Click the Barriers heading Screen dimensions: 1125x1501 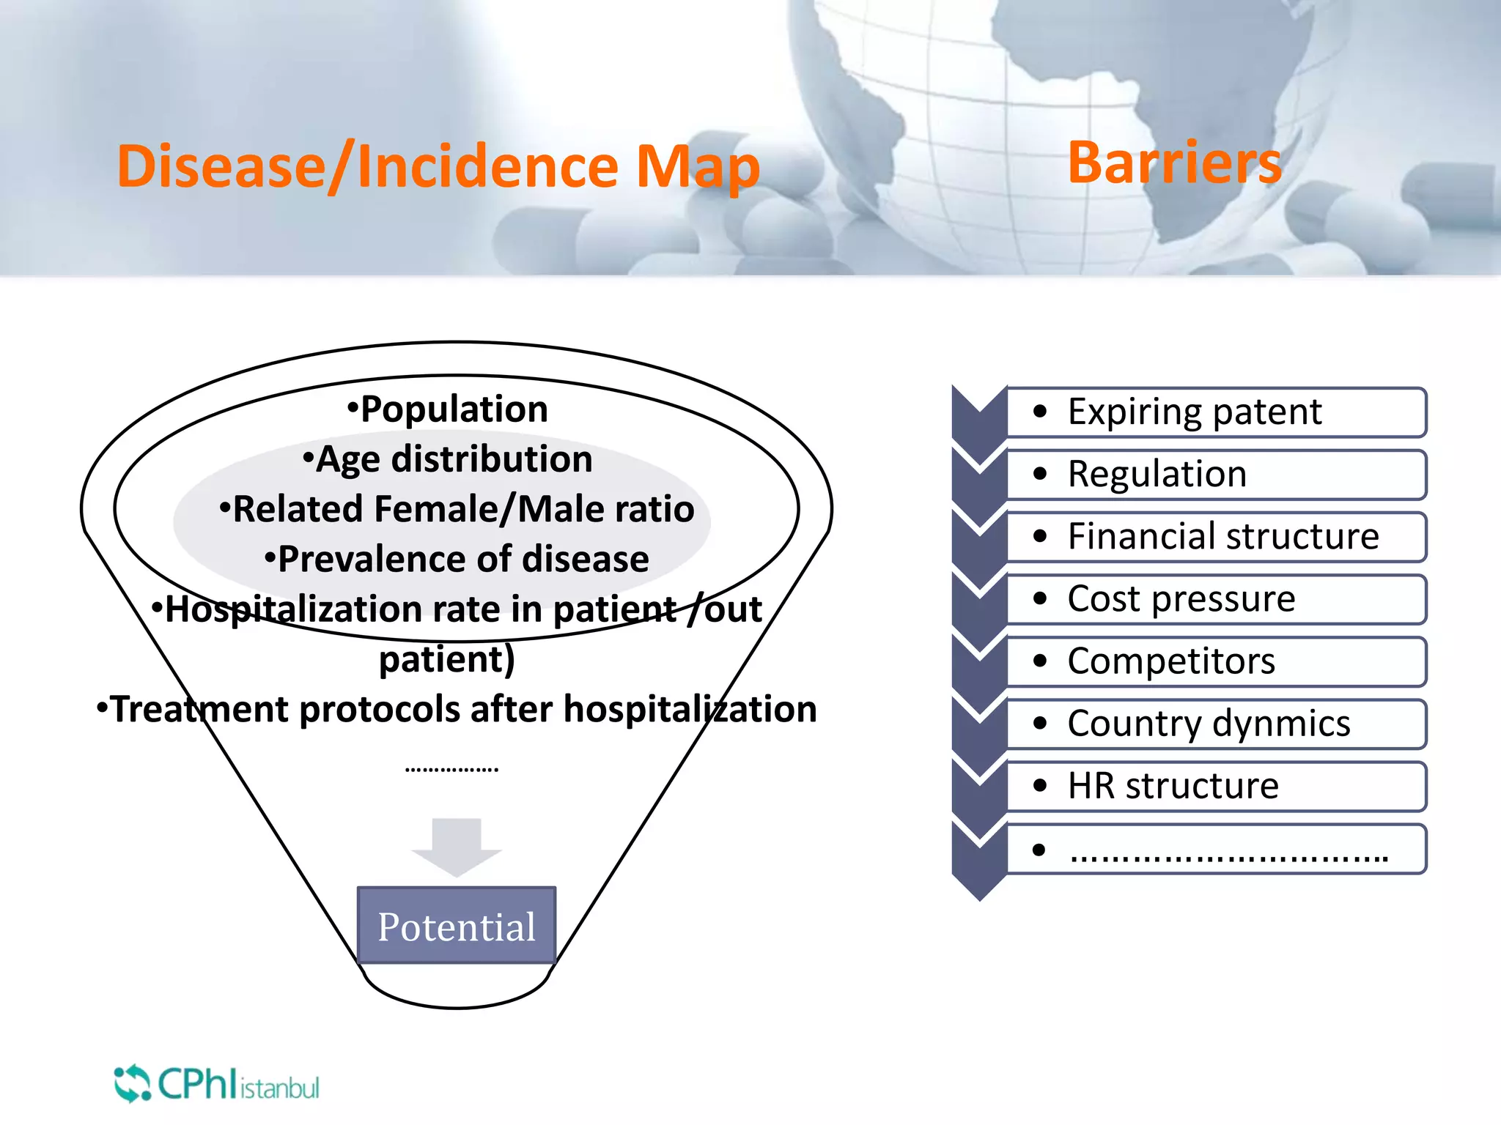1174,163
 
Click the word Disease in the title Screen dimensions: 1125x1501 220,167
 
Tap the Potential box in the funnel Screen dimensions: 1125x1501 457,926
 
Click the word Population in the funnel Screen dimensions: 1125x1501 454,409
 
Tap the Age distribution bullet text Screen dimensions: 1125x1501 454,459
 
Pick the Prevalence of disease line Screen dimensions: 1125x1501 462,560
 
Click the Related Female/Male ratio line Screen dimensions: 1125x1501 462,509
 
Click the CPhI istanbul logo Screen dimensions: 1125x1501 217,1085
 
